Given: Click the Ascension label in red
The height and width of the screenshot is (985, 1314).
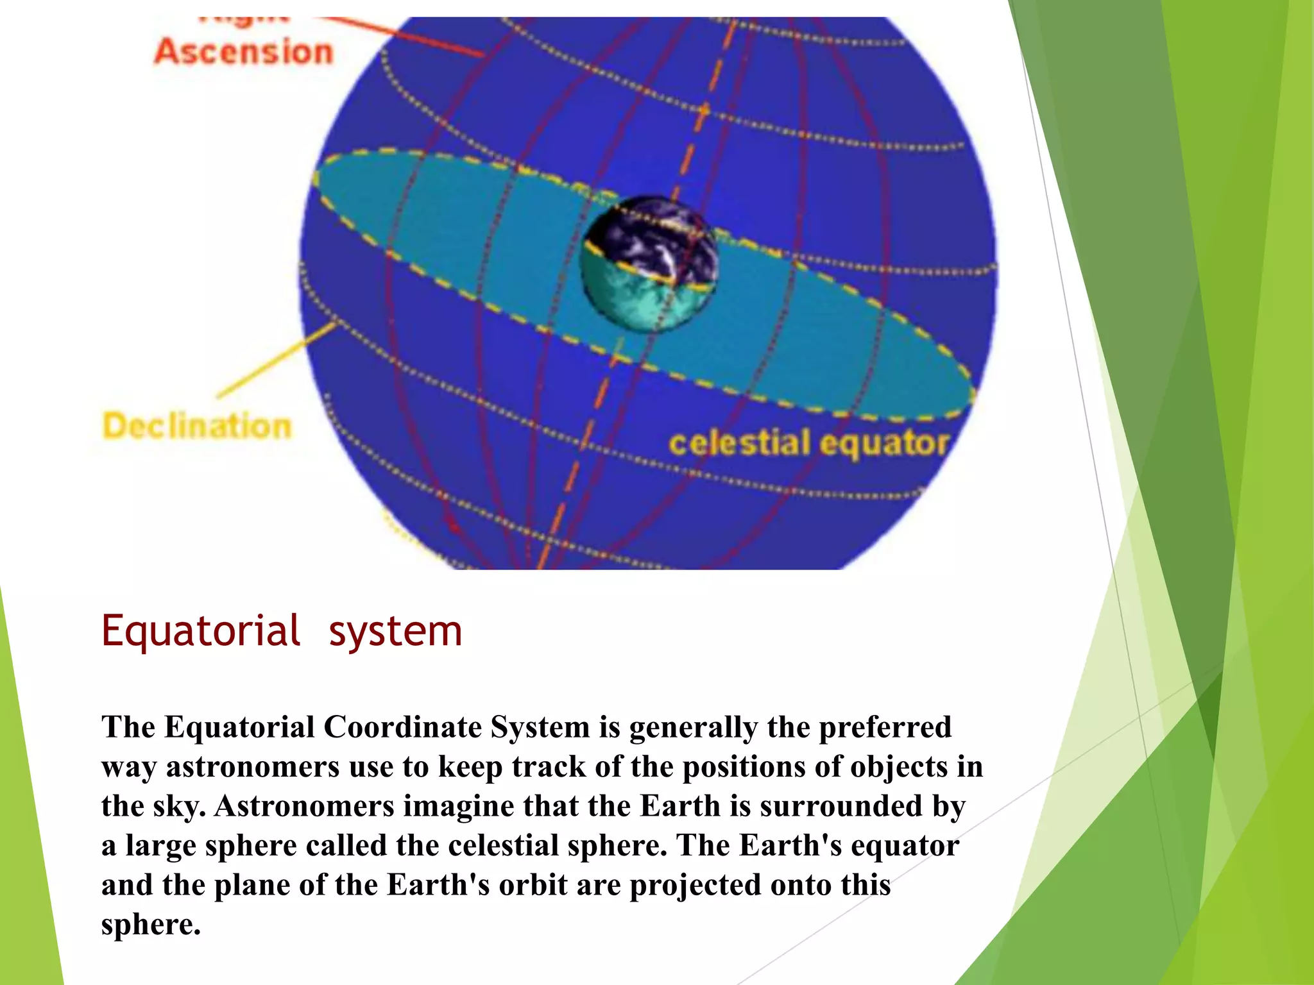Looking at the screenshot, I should (x=244, y=51).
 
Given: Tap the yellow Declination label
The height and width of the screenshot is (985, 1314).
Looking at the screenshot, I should (x=197, y=426).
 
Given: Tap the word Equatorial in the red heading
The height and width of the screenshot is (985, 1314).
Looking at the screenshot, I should (x=201, y=631).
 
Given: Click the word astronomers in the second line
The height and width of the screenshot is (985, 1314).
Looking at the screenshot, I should (x=253, y=767).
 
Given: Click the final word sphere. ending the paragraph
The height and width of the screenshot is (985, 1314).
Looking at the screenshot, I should (x=151, y=925).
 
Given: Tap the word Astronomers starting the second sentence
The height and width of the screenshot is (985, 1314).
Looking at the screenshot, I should (x=304, y=806).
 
